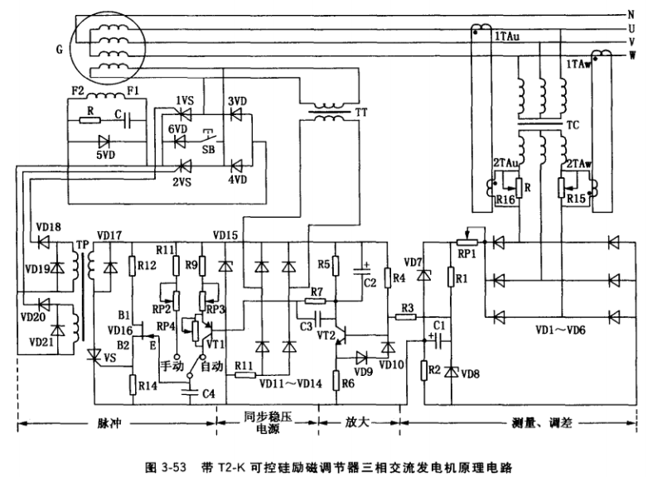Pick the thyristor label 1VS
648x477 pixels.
click(184, 100)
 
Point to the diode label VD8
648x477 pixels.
click(471, 373)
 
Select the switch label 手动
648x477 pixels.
click(172, 365)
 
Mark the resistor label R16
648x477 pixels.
click(505, 200)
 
